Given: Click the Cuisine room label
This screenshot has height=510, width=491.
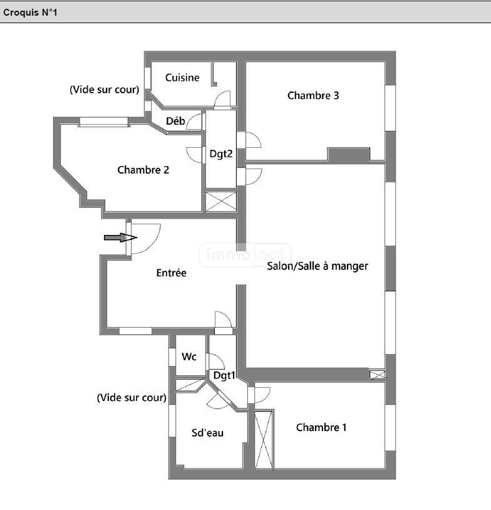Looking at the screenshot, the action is pos(182,78).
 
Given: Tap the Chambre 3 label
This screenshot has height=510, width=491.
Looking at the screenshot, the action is pos(313,96).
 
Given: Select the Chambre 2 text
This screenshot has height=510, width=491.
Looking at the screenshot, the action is pos(143,170).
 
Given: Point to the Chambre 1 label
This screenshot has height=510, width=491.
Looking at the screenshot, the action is pos(321,427).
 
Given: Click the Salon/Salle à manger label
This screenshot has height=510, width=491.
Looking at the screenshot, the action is pos(318,266).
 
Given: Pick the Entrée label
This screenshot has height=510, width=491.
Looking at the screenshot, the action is pos(172,273).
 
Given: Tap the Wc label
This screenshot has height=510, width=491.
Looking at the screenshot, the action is pos(189,356).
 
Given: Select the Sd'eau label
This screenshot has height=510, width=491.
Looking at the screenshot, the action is pos(207,433).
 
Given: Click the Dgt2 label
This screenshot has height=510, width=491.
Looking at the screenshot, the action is pos(221,154).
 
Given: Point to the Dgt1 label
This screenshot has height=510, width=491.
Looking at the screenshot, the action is pos(224,375).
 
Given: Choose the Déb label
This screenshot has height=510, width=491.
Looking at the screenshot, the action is pos(175,121).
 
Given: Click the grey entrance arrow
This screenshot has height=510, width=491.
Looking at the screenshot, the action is pos(120,237).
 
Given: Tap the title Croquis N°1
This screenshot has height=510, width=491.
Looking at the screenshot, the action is pos(30,13).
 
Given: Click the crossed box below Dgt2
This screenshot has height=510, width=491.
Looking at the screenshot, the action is pos(221,201).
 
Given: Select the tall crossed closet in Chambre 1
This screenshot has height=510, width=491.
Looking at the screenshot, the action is pos(264,440).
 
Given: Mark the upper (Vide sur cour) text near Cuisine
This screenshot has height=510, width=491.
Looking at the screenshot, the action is pos(105,90).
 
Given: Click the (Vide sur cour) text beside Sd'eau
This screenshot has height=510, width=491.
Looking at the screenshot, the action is pos(132,397).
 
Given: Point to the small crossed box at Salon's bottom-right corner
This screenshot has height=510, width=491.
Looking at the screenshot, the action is pos(378,375).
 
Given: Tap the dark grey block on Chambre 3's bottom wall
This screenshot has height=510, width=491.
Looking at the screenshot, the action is pos(349,155).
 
